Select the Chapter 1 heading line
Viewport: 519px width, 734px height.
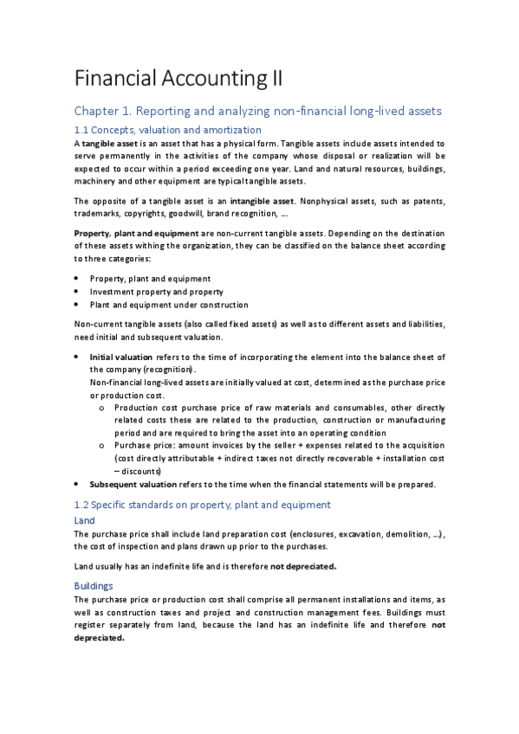pyautogui.click(x=257, y=111)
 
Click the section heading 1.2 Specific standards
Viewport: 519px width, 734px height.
pyautogui.click(x=203, y=505)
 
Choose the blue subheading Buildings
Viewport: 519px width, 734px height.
pyautogui.click(x=94, y=586)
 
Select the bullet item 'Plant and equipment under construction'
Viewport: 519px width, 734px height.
pyautogui.click(x=168, y=305)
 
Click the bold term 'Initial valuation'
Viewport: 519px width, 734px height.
pyautogui.click(x=120, y=357)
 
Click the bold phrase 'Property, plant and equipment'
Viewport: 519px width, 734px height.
pyautogui.click(x=137, y=233)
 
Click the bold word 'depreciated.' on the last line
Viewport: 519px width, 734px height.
pyautogui.click(x=100, y=639)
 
